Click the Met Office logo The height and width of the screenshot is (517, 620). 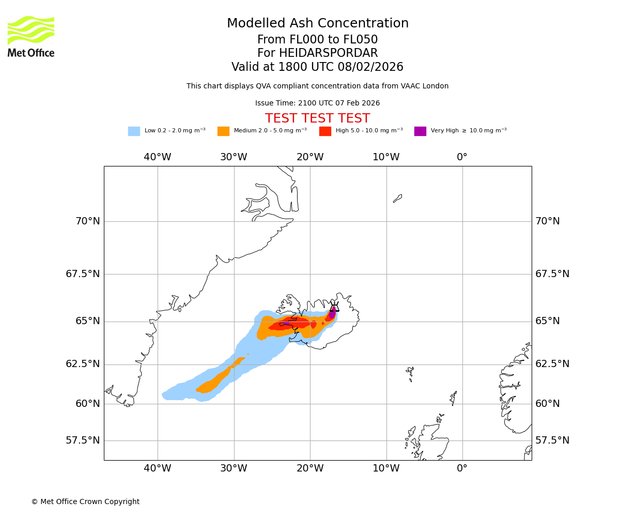(31, 36)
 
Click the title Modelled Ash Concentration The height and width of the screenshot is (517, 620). (317, 24)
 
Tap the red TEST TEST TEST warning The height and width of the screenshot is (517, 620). (317, 119)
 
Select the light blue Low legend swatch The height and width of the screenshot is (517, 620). (134, 131)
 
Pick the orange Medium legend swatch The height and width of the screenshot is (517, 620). (223, 131)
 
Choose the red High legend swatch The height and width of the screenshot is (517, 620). (325, 131)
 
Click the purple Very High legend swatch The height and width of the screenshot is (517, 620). (420, 131)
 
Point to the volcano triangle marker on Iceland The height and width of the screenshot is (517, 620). (334, 307)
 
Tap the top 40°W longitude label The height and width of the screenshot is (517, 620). (158, 157)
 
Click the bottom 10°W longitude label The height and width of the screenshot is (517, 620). (386, 468)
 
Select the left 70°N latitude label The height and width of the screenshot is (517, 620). (88, 221)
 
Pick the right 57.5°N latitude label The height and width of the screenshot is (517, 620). (552, 440)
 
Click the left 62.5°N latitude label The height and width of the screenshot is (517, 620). (83, 364)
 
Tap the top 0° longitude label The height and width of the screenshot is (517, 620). (462, 157)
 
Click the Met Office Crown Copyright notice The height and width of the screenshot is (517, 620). (85, 502)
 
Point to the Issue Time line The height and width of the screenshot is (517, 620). (317, 103)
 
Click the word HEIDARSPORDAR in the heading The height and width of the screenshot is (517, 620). (328, 53)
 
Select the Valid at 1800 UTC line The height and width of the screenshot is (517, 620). (317, 67)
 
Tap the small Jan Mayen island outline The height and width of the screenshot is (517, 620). (397, 199)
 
